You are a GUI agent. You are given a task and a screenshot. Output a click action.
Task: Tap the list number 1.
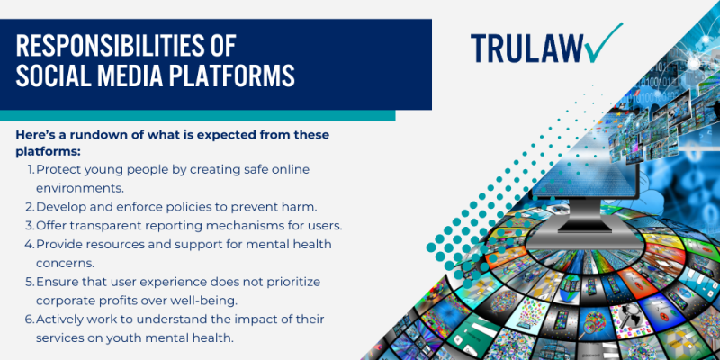31,169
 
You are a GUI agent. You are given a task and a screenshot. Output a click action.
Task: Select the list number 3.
30,226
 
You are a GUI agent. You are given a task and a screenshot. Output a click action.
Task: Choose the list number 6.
30,319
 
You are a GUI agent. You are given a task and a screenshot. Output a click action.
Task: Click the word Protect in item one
58,169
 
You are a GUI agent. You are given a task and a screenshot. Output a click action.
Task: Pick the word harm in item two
302,207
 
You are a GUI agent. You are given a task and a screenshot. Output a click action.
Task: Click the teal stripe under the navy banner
197,115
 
